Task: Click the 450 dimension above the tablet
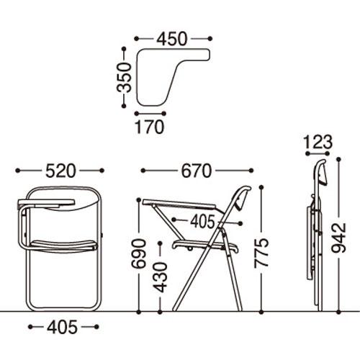coord(171,39)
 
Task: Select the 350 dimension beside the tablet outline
coord(125,78)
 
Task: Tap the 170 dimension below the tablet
coord(150,127)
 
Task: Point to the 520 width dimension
coord(60,171)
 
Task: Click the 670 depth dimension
coord(197,171)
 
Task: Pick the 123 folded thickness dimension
coord(318,142)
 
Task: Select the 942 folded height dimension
coord(338,238)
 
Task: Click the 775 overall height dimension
coord(261,253)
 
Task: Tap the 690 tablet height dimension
coord(139,253)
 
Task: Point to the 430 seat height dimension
coord(160,278)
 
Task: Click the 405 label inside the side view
coord(202,222)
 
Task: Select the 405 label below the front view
coord(63,327)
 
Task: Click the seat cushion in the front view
coord(64,245)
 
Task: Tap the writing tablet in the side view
coord(179,204)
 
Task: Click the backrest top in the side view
coord(244,189)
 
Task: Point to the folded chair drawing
coord(316,235)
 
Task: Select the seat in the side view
coord(205,246)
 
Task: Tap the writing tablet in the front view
coord(46,202)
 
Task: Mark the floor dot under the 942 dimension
coord(338,312)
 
